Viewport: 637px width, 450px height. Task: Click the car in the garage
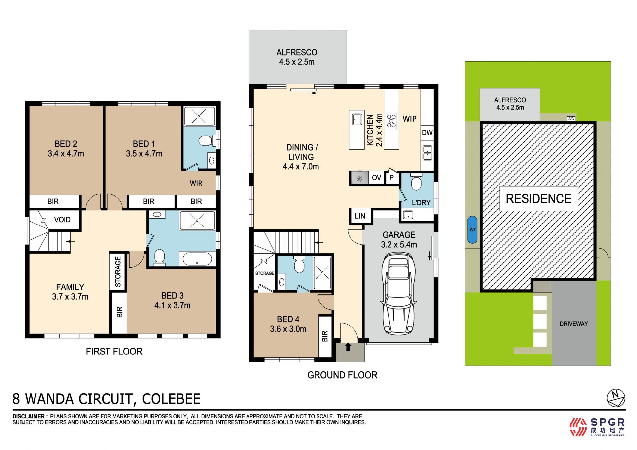click(398, 293)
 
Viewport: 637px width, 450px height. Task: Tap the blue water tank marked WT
click(472, 229)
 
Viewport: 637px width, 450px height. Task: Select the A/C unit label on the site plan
click(571, 119)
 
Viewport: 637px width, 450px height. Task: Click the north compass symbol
click(616, 398)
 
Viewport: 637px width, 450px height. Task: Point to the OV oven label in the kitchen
click(376, 178)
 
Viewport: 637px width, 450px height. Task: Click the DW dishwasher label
click(427, 133)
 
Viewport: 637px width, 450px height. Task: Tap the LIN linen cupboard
click(360, 216)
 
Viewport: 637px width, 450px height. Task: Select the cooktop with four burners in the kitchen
click(391, 121)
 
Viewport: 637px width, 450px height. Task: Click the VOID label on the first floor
click(62, 220)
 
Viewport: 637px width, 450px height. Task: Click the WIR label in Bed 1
click(196, 183)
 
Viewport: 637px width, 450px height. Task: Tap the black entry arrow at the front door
click(348, 347)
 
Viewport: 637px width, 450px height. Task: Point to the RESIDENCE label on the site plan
click(538, 199)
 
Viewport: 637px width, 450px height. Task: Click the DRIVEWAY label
click(574, 324)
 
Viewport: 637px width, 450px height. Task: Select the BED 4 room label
click(288, 319)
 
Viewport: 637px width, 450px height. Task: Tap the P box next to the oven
click(391, 178)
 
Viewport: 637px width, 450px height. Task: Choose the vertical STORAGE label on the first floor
click(118, 272)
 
